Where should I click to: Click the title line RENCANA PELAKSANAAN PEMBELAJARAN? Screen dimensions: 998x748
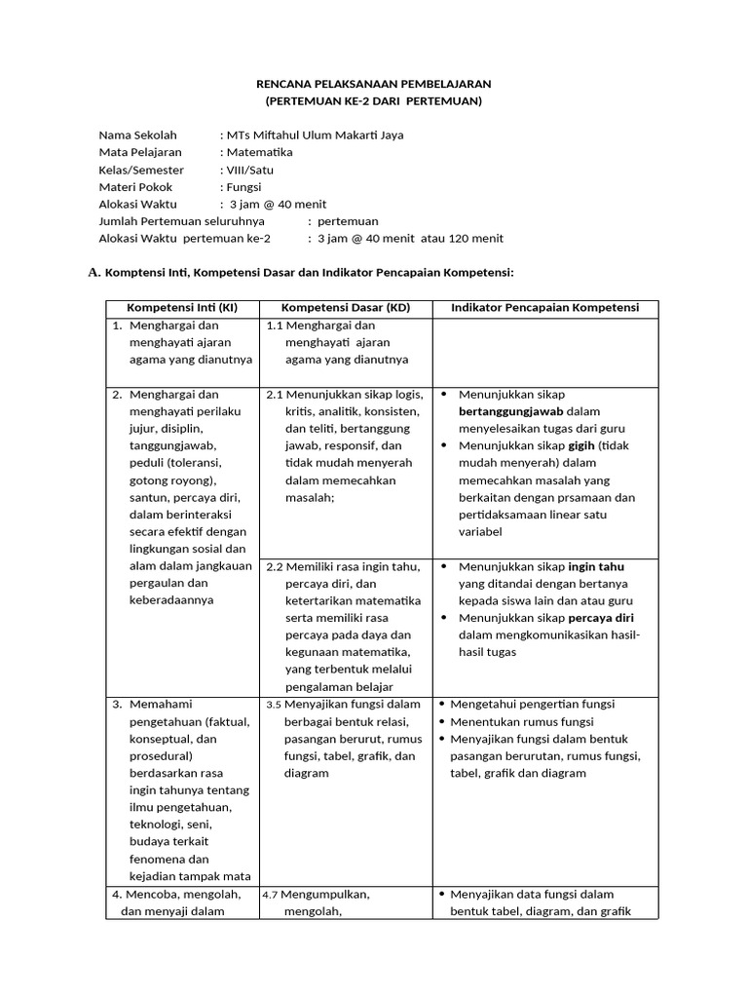[x=374, y=84]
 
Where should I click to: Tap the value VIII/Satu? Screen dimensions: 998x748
[x=250, y=170]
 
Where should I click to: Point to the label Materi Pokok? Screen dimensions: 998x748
[x=135, y=186]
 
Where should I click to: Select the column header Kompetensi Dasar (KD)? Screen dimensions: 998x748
[x=346, y=308]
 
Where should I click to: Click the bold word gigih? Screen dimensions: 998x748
[x=581, y=445]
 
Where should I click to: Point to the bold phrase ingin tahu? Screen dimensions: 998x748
[x=596, y=566]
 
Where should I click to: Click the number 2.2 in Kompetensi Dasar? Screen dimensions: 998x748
[x=274, y=566]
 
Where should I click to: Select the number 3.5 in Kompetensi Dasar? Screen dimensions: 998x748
[x=273, y=705]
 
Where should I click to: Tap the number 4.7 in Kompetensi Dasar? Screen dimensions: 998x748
[x=272, y=895]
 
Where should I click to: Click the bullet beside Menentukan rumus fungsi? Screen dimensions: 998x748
[x=443, y=722]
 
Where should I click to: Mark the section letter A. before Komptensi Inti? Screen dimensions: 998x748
[x=94, y=273]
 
